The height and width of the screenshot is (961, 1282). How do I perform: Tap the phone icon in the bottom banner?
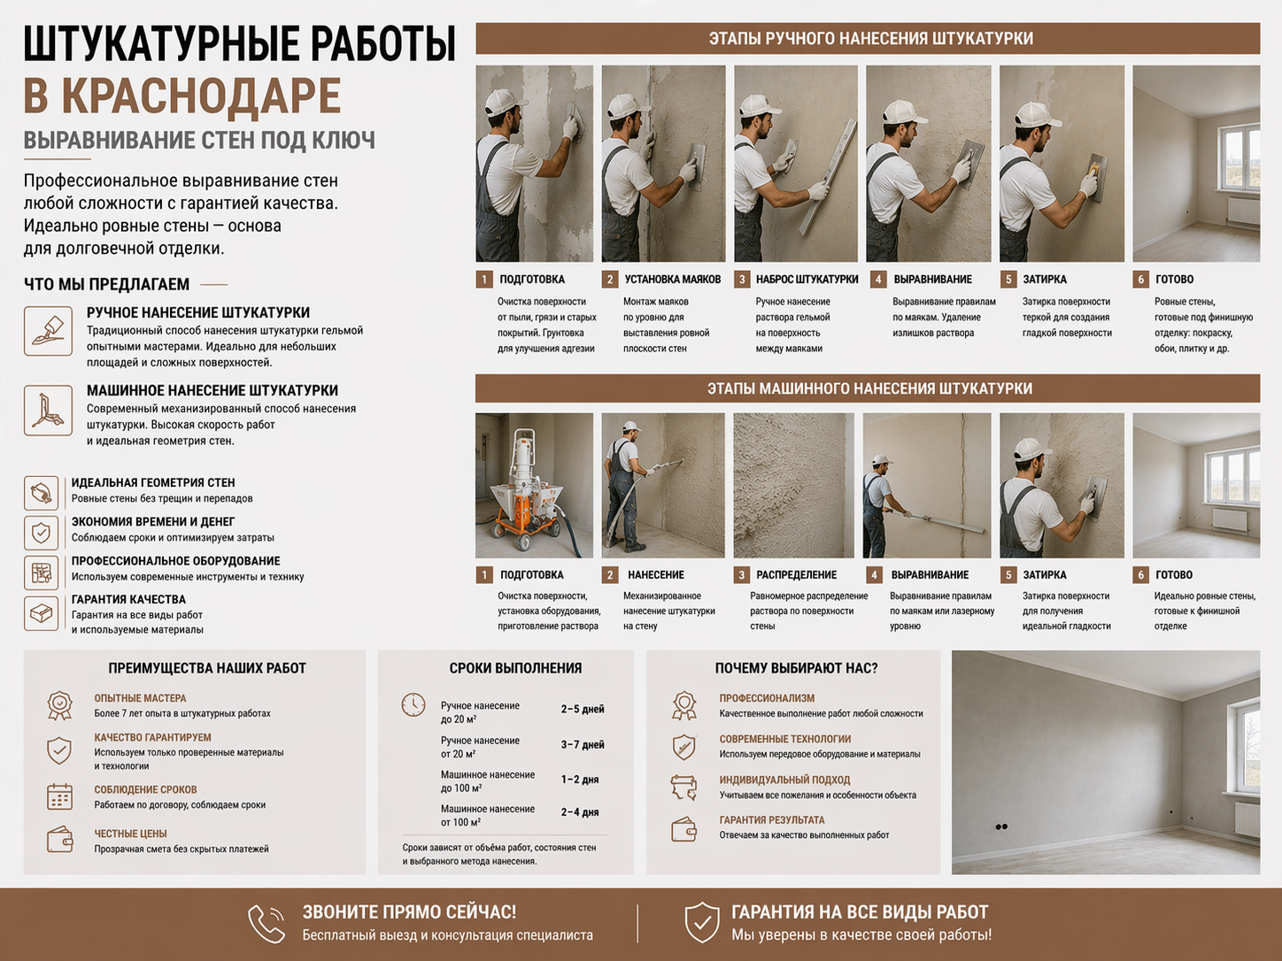[x=266, y=924]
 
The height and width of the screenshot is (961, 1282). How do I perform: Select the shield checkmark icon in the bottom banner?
[x=701, y=923]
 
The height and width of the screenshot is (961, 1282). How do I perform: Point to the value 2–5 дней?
[x=582, y=710]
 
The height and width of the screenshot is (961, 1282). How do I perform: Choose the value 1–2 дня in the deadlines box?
[x=579, y=780]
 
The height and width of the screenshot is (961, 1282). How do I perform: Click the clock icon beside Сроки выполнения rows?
[x=413, y=705]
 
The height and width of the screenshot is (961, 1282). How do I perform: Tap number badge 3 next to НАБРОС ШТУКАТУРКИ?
[x=742, y=280]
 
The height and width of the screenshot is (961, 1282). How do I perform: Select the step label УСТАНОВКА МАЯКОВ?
[x=672, y=280]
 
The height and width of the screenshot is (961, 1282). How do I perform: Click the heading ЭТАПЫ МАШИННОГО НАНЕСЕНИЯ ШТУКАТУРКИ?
[x=869, y=388]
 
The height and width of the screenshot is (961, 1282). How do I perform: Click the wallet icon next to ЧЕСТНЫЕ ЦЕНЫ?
[x=59, y=839]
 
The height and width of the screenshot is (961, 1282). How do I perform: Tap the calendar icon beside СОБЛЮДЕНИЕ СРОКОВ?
[x=59, y=796]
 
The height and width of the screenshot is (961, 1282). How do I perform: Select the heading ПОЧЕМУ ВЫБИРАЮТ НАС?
[x=796, y=668]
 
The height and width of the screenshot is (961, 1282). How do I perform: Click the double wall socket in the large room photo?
[x=1001, y=826]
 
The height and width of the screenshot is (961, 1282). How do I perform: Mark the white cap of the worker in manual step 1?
[x=502, y=101]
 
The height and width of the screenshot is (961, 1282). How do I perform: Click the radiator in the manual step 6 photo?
[x=1242, y=211]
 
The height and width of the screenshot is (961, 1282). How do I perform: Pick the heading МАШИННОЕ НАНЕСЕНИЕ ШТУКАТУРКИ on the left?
[x=212, y=390]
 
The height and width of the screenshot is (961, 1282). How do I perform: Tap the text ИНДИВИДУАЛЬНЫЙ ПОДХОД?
[x=784, y=780]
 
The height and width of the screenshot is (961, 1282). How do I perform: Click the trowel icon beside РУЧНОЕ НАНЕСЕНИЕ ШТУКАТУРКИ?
[x=48, y=331]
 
